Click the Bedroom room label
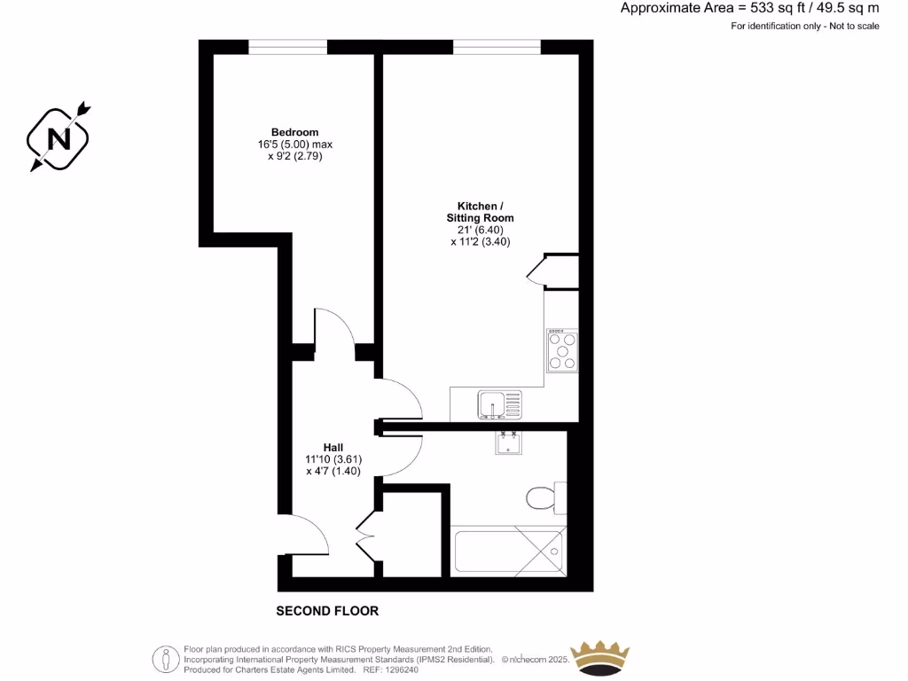coord(294,132)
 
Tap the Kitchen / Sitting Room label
coord(480,212)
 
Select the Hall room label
coord(333,447)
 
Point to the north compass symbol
coord(59,137)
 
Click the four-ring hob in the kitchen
coord(562,350)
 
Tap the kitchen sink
coord(500,405)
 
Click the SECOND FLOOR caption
coord(327,611)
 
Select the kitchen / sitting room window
coord(497,46)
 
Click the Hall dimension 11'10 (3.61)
coord(333,459)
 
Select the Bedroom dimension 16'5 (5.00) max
coord(294,145)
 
